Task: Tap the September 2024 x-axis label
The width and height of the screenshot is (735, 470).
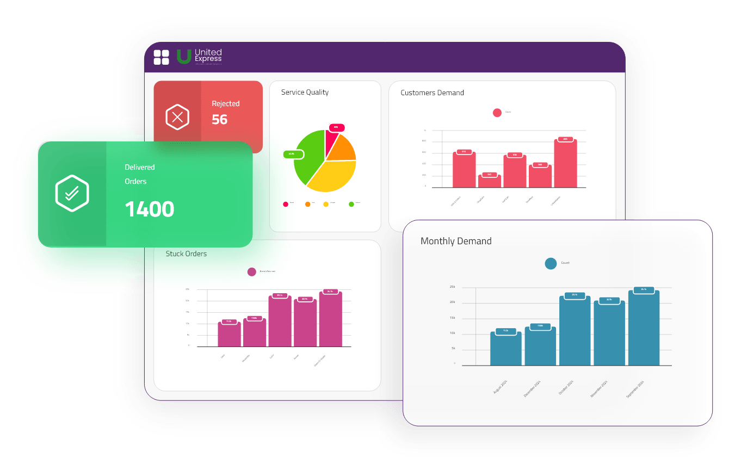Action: pos(635,389)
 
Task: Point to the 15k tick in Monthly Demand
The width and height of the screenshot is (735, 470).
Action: pos(453,318)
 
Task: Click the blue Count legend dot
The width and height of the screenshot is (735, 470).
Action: pos(551,263)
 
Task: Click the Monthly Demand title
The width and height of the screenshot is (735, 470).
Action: pos(456,241)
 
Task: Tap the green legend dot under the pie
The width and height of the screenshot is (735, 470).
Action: pos(351,204)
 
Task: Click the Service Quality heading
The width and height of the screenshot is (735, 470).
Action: pos(305,92)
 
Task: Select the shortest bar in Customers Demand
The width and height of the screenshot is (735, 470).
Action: pos(489,181)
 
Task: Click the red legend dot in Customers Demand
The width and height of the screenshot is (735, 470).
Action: pos(497,113)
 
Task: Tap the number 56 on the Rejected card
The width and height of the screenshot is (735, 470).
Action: pos(220,120)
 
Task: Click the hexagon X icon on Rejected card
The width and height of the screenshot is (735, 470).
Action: pos(177,117)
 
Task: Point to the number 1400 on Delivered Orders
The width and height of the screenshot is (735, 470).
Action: pos(150,209)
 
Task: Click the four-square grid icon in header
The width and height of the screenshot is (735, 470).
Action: pos(162,57)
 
